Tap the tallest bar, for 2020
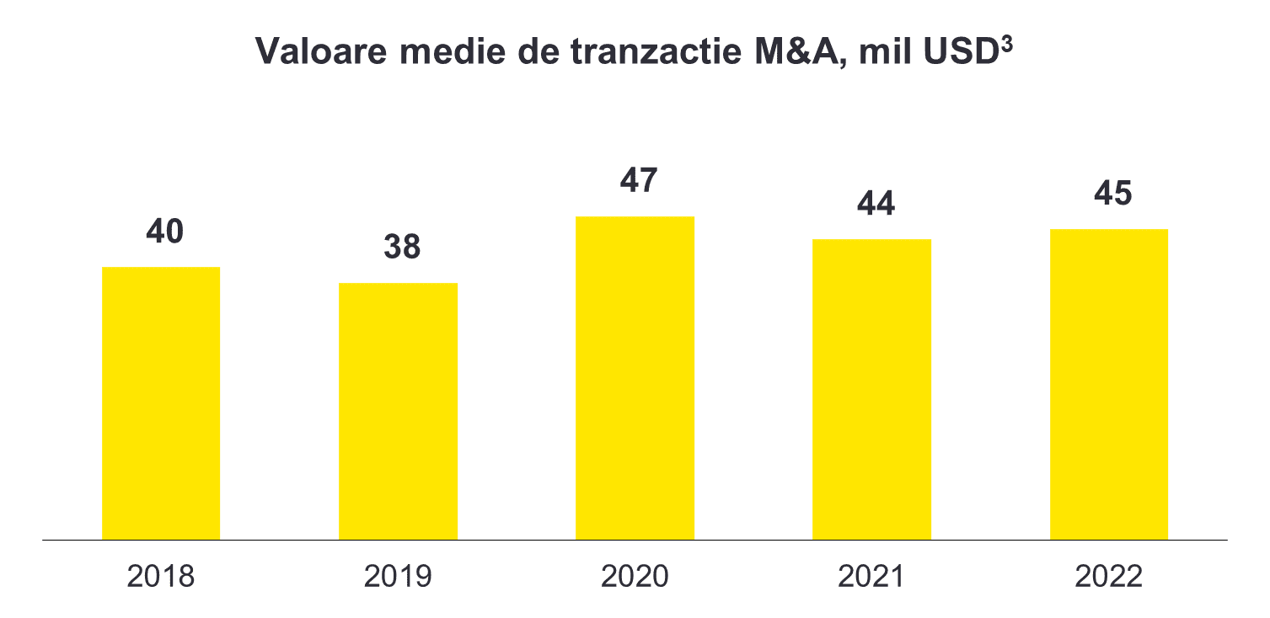pos(635,378)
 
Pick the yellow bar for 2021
pos(871,389)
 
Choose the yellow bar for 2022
pos(1108,384)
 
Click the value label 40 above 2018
pos(164,232)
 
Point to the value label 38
pos(401,248)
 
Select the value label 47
pos(638,181)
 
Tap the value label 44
pos(875,205)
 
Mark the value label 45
pos(1112,194)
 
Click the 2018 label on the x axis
pos(161,577)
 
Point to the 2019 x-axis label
pos(398,577)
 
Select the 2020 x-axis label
pos(635,577)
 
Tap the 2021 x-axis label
pos(871,577)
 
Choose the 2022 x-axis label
pos(1109,577)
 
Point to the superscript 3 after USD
pos(1006,43)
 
